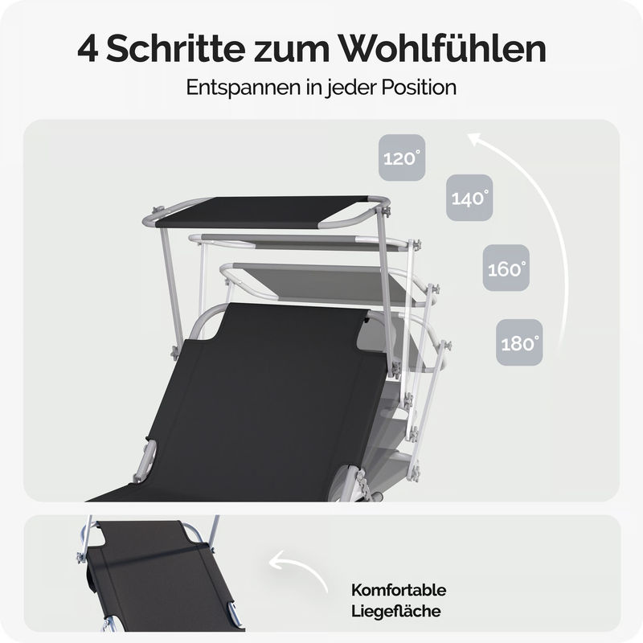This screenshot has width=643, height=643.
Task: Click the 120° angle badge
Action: coord(402,158)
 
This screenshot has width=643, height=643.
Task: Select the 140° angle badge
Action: coord(469,198)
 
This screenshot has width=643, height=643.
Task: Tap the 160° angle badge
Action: coord(506,268)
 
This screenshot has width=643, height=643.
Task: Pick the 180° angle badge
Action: coord(519,342)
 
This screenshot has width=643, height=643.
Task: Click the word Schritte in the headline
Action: coord(175,49)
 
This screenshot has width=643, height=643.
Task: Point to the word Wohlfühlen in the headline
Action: coord(442,49)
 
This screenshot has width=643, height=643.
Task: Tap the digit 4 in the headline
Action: coord(88,50)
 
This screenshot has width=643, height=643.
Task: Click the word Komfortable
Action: coord(399,590)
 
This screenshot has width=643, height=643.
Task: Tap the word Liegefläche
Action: coord(395,611)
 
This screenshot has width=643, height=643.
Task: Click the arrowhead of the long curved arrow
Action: coord(477,138)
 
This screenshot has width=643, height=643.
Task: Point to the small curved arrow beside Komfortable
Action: coord(298,569)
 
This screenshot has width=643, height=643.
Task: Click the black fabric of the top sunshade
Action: coord(263,211)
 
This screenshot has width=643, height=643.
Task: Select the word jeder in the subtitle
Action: coord(350,88)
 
